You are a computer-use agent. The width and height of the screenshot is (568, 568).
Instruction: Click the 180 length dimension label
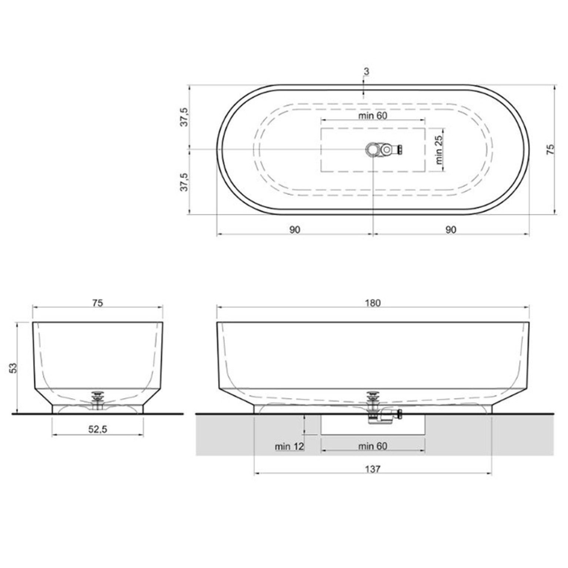(x=372, y=303)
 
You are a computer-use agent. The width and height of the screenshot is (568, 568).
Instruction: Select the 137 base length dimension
(x=372, y=469)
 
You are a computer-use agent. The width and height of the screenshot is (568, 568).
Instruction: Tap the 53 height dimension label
(x=13, y=368)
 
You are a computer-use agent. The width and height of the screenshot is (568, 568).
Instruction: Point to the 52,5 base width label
(x=98, y=429)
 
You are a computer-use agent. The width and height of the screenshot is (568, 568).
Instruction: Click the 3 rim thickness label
(x=366, y=72)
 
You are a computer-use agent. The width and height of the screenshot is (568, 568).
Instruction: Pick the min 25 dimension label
(x=439, y=150)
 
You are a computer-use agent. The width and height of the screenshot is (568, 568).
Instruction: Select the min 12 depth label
(x=289, y=446)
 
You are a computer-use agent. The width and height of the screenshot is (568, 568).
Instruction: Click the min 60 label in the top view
(x=372, y=116)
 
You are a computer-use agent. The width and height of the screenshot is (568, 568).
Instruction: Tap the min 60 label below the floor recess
(x=372, y=446)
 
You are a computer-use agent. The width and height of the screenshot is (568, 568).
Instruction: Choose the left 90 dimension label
(x=295, y=230)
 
